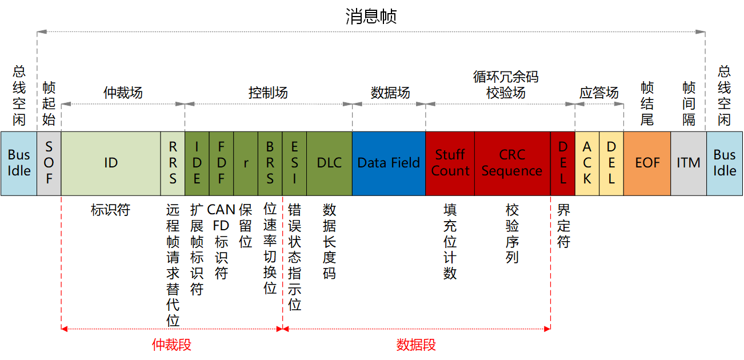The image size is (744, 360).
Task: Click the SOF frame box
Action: (x=49, y=163)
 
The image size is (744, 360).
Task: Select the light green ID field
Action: (x=111, y=163)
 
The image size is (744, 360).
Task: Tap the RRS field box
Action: (x=173, y=163)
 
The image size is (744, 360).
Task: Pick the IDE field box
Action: (x=197, y=163)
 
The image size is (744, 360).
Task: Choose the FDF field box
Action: (x=221, y=163)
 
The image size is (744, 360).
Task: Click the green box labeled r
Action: (x=246, y=163)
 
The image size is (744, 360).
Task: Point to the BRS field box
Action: (x=270, y=163)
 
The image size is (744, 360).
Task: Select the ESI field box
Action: (x=294, y=163)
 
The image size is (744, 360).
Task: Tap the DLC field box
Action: (x=330, y=163)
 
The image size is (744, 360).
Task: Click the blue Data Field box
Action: (x=389, y=163)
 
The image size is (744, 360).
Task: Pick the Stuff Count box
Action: (x=450, y=163)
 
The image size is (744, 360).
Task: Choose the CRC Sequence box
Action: (x=513, y=163)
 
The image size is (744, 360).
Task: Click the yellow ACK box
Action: (x=587, y=163)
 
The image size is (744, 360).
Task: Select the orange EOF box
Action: (x=647, y=163)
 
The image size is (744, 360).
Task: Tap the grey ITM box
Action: (x=689, y=163)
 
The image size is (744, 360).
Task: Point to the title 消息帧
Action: (x=371, y=16)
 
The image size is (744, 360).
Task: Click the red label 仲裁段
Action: (x=172, y=345)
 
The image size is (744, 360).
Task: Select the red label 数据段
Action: (x=416, y=345)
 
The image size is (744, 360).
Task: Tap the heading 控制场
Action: (x=268, y=93)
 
